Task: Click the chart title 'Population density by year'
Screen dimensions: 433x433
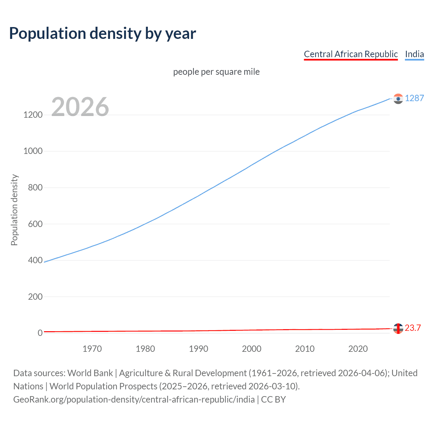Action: [102, 33]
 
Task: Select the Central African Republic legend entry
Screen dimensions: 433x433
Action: [350, 54]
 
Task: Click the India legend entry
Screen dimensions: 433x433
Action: [414, 54]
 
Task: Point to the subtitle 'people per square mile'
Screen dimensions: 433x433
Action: [216, 72]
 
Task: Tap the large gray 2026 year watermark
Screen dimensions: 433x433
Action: [80, 107]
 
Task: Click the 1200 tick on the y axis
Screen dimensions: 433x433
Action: [33, 115]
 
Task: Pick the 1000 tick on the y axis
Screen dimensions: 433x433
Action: [33, 151]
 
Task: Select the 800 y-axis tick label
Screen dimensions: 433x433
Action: [35, 187]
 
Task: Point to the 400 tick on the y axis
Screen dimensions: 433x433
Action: [35, 260]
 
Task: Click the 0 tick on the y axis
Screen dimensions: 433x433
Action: [40, 333]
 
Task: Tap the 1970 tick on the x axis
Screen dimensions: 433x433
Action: [92, 349]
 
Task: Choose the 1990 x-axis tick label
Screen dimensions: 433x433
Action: [199, 349]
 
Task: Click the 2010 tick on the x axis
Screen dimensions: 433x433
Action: [305, 349]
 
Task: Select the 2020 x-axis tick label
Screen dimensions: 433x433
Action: [358, 349]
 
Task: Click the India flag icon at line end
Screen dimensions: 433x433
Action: [398, 98]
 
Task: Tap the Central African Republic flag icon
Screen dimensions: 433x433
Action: [398, 328]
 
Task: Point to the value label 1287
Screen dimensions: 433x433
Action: [414, 98]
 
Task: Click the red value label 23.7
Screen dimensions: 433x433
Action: [413, 328]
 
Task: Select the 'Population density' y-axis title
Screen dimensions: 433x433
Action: [14, 210]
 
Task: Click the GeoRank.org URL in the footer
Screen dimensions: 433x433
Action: [134, 400]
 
